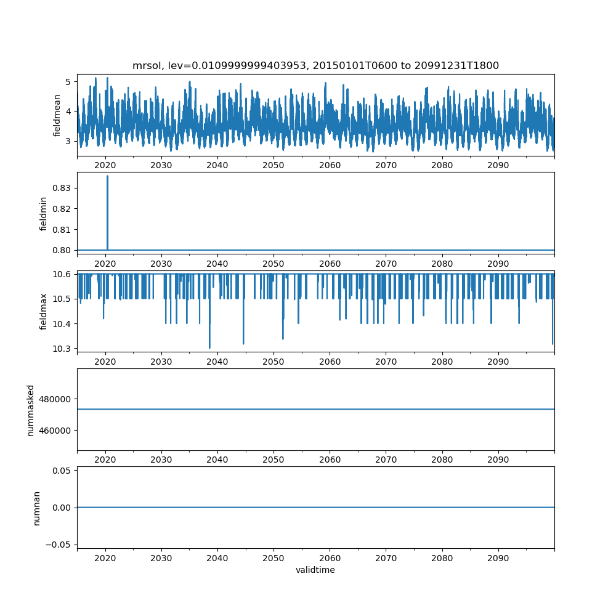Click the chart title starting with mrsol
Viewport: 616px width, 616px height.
[x=315, y=65]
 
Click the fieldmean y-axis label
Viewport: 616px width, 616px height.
[x=57, y=115]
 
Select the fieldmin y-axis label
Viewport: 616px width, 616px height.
[x=43, y=213]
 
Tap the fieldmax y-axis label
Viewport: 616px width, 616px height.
[x=43, y=311]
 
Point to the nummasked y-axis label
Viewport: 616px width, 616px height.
[x=30, y=410]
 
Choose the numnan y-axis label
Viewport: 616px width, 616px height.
[x=36, y=508]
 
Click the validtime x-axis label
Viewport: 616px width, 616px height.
[x=315, y=570]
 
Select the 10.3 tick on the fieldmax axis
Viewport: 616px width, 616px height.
[x=64, y=349]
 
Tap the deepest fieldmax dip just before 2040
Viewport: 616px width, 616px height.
[x=209, y=347]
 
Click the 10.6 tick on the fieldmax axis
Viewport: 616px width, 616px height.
[x=64, y=274]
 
